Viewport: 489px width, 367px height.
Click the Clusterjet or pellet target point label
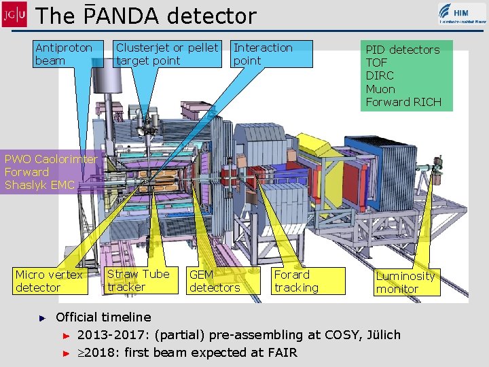pos(167,54)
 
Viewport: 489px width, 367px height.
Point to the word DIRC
pos(380,75)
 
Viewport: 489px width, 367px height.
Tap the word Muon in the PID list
pos(380,89)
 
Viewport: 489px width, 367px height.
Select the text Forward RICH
pos(403,102)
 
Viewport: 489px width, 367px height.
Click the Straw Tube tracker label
pos(139,281)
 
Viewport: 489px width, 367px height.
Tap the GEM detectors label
pos(215,281)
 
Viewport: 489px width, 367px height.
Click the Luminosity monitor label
pos(405,282)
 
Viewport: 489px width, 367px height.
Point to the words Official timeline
pos(103,317)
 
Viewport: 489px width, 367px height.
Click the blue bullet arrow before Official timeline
pos(41,317)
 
